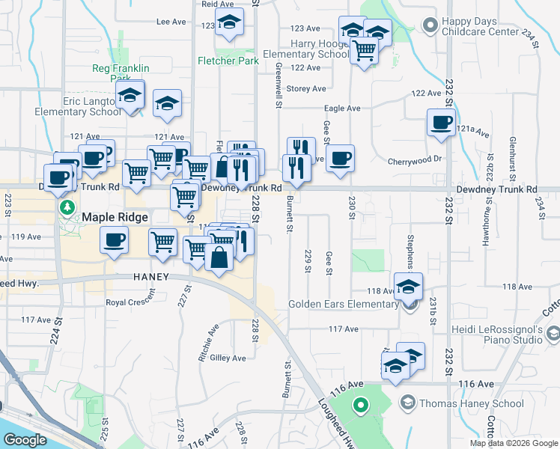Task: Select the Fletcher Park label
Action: pos(228,61)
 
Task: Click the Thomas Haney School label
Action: pos(472,403)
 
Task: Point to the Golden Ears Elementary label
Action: pos(344,304)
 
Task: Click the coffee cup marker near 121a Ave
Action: pos(441,121)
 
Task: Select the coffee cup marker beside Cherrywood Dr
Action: pos(340,158)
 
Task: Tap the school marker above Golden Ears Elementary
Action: pos(409,285)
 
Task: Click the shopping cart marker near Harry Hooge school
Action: pos(364,51)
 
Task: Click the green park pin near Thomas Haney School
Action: pos(360,406)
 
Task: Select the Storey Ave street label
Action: pos(306,88)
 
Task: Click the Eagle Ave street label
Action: pos(342,109)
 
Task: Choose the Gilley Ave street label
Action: pos(228,358)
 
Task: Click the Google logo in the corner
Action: pos(25,440)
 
